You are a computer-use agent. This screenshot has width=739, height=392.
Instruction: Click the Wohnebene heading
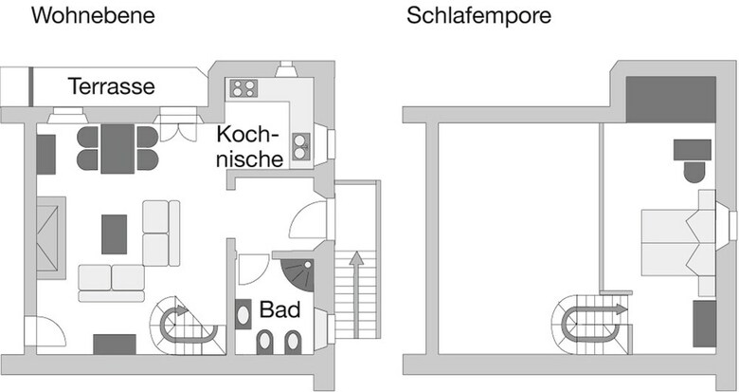click(93, 15)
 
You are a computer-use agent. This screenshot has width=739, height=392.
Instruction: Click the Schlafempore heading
click(478, 15)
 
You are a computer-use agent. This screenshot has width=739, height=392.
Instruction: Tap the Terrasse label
click(112, 86)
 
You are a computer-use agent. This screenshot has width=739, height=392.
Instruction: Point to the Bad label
click(279, 309)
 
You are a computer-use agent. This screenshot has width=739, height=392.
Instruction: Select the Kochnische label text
click(249, 146)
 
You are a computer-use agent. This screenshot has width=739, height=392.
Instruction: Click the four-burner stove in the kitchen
click(243, 88)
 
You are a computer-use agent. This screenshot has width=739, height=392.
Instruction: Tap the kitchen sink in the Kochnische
click(300, 146)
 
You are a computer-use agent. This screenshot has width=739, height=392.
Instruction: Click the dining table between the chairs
click(117, 148)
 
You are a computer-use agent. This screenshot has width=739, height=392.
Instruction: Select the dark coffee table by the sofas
click(114, 234)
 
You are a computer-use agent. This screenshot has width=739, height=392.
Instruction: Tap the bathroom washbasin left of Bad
click(243, 314)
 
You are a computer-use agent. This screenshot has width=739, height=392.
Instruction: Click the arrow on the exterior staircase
click(357, 294)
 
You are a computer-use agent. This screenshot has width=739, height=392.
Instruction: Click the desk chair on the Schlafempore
click(694, 173)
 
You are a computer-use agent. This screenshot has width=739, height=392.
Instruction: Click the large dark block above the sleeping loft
click(671, 99)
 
